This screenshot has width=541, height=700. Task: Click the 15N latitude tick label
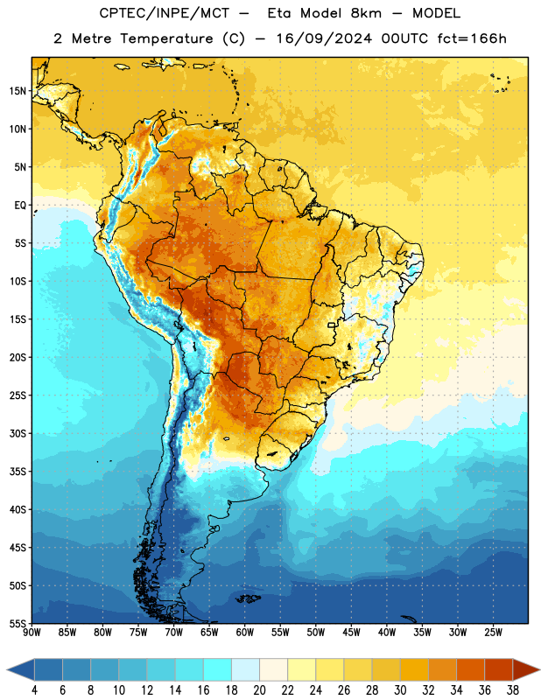[18, 91]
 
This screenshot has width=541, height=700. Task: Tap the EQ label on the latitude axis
[20, 206]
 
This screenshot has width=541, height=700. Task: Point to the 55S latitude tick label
[18, 623]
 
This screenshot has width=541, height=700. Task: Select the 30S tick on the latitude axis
[18, 433]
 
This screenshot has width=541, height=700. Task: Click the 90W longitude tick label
[32, 632]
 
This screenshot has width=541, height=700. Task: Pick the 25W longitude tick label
[493, 632]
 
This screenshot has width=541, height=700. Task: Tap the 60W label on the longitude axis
[245, 632]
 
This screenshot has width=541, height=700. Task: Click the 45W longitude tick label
[352, 632]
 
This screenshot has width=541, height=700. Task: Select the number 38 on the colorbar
[513, 690]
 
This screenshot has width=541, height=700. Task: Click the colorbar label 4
[34, 690]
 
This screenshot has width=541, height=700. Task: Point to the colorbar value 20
[259, 690]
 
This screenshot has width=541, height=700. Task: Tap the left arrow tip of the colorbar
[7, 670]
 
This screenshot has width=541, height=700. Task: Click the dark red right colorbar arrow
[526, 670]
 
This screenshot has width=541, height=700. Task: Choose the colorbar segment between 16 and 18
[217, 670]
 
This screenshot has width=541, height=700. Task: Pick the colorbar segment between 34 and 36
[470, 670]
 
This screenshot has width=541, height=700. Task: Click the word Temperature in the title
[166, 38]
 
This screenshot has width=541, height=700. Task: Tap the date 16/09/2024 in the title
[324, 38]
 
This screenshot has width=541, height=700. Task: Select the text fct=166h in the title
[472, 38]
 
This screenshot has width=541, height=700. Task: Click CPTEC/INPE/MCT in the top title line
[164, 13]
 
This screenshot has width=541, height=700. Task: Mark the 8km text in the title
[366, 13]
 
